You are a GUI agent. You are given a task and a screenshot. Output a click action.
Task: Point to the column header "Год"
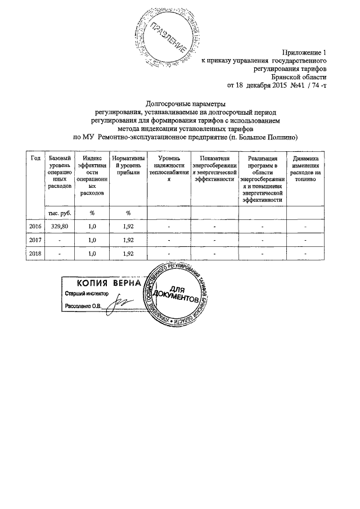(x=35, y=159)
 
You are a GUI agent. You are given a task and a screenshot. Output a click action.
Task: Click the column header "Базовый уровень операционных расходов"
(x=60, y=172)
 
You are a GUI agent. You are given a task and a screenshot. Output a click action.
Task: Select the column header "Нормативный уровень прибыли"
(x=128, y=166)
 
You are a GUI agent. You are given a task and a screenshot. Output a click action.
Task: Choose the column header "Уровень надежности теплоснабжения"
(x=168, y=169)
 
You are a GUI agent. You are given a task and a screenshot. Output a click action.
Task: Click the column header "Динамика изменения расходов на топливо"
(x=306, y=169)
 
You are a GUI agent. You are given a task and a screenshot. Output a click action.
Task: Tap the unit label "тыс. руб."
(x=60, y=213)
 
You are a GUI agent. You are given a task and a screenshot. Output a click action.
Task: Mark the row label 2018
(x=35, y=254)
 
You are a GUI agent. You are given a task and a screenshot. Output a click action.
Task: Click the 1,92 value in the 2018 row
(x=128, y=254)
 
